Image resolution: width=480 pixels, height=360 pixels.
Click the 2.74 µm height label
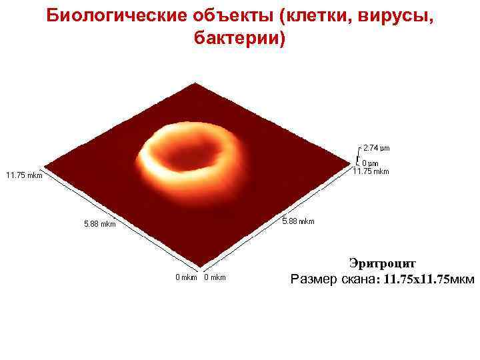pyautogui.click(x=376, y=147)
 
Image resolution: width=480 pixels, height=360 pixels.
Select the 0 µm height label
pyautogui.click(x=370, y=163)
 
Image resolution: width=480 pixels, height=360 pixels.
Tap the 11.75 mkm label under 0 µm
pyautogui.click(x=370, y=171)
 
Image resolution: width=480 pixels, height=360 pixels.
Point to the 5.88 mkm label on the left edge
pyautogui.click(x=99, y=225)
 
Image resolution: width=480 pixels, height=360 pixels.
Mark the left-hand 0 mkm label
pyautogui.click(x=186, y=277)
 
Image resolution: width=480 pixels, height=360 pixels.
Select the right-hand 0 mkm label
pyautogui.click(x=215, y=277)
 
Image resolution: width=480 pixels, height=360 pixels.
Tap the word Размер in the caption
pyautogui.click(x=314, y=279)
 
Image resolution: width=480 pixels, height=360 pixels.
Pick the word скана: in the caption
pyautogui.click(x=361, y=279)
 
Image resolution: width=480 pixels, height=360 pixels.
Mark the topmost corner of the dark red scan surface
pyautogui.click(x=195, y=84)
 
